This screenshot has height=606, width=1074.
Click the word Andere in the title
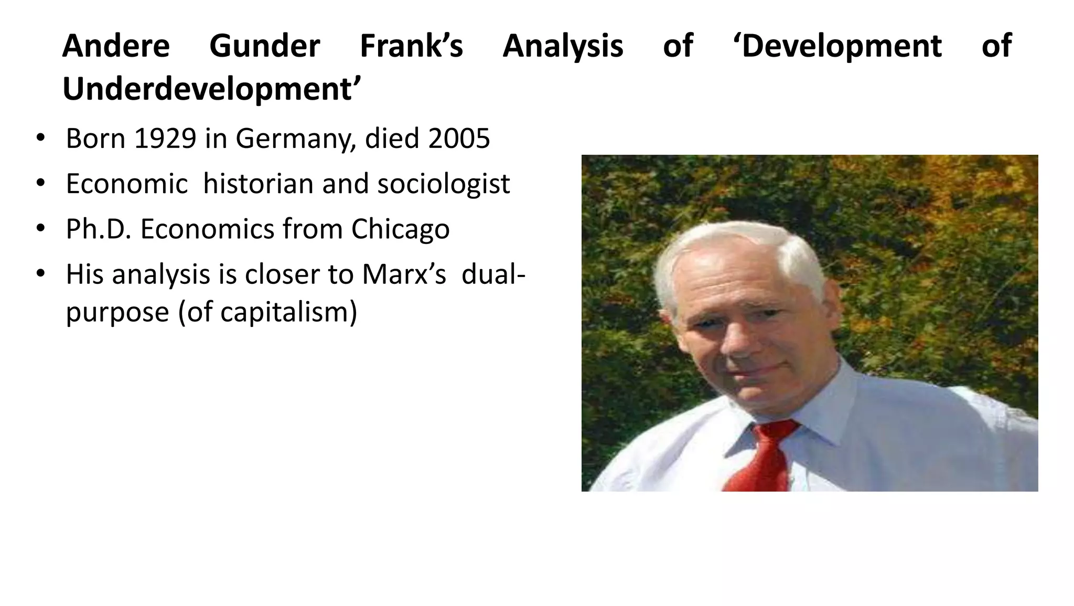click(116, 46)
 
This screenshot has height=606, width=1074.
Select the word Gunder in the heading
click(264, 46)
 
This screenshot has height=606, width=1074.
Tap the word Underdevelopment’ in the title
click(212, 89)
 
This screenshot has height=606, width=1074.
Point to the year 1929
click(165, 139)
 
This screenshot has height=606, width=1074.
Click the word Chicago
click(400, 229)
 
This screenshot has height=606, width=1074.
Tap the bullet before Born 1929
click(41, 139)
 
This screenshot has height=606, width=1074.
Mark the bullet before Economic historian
click(41, 184)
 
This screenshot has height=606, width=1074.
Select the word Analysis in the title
click(563, 46)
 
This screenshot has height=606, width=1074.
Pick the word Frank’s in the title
click(411, 46)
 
